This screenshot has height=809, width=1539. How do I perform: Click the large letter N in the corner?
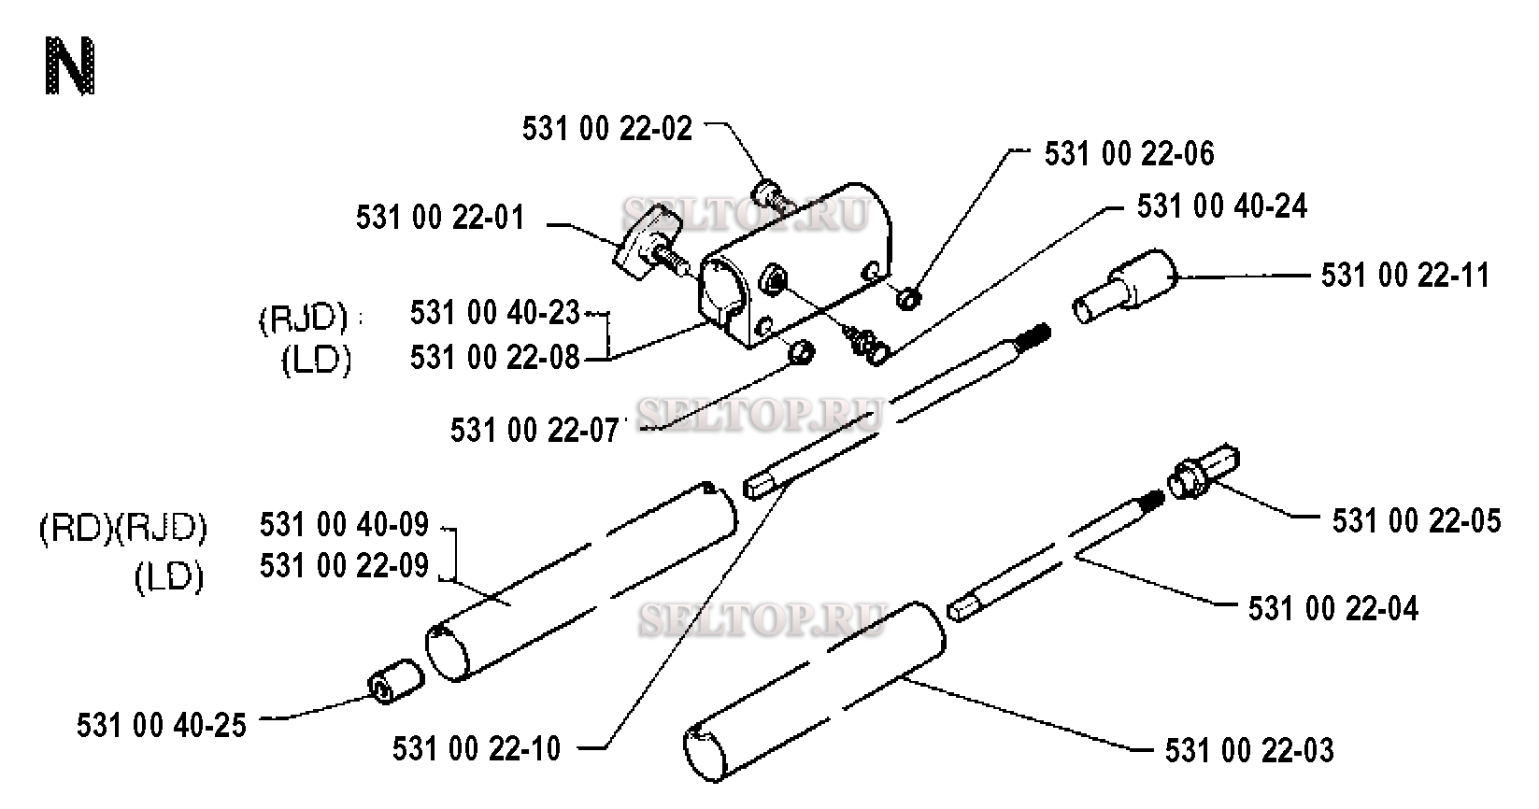[x=69, y=66]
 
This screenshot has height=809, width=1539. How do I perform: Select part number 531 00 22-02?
[x=607, y=129]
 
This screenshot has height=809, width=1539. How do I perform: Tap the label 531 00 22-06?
[x=1130, y=154]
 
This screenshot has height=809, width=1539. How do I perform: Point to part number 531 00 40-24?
[x=1222, y=206]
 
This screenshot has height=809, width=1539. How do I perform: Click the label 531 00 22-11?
[x=1405, y=276]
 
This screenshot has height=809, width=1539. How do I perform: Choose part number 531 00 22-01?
[x=440, y=218]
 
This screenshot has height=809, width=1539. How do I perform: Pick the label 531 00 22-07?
[x=534, y=431]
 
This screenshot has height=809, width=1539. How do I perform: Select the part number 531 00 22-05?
[x=1417, y=521]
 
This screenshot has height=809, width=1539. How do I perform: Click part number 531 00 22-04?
[x=1332, y=609]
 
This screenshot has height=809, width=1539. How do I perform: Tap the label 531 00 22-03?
[x=1249, y=751]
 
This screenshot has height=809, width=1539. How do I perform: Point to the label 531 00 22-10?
[x=477, y=748]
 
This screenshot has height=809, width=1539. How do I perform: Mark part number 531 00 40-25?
[x=162, y=726]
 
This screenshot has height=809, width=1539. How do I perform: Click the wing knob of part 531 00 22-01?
[x=643, y=245]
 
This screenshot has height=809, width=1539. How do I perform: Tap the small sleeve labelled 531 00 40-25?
[x=396, y=681]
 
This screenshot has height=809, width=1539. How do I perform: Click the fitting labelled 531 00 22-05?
[x=1204, y=473]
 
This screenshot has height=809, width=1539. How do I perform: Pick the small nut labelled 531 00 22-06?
[x=909, y=299]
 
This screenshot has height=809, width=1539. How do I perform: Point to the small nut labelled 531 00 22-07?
[x=801, y=353]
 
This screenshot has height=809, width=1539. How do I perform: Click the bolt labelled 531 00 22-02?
[x=775, y=197]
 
